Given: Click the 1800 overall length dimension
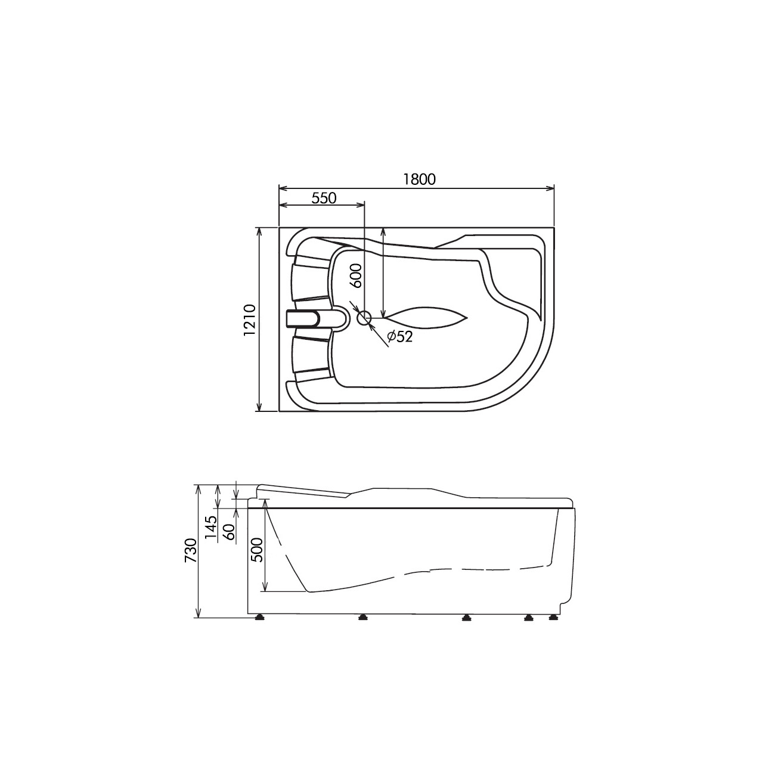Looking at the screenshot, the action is pyautogui.click(x=420, y=179).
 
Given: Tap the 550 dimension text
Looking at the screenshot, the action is pyautogui.click(x=324, y=198).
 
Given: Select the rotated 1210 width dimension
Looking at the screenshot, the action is pyautogui.click(x=250, y=320).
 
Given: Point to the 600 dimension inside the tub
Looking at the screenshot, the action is pyautogui.click(x=356, y=276).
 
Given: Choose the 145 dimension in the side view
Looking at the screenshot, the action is pyautogui.click(x=211, y=529).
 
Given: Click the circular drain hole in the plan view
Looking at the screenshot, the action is pyautogui.click(x=364, y=318).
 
